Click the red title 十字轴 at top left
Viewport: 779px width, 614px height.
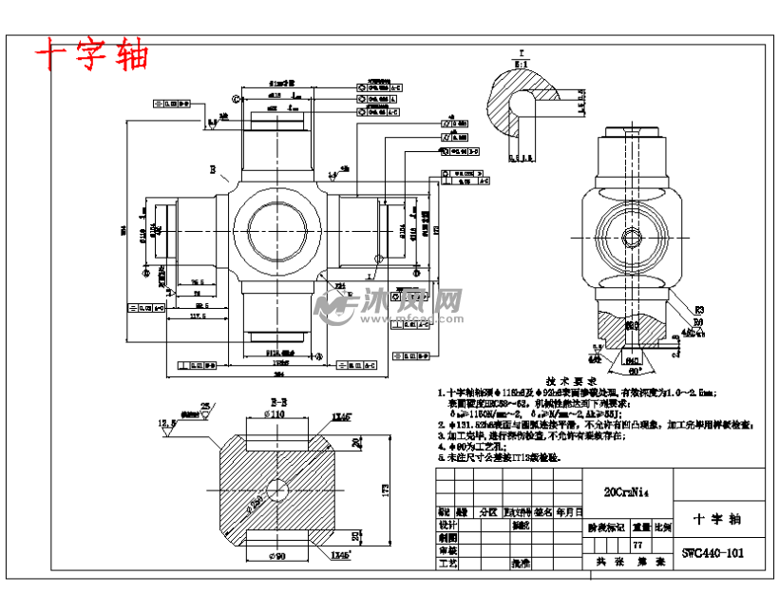click(x=92, y=55)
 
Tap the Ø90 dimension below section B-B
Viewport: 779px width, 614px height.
click(x=276, y=555)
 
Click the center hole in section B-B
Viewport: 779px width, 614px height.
click(x=277, y=489)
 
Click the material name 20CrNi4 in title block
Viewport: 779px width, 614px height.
click(x=626, y=492)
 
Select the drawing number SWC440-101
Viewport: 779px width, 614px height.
click(x=712, y=553)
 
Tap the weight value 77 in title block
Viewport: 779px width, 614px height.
click(x=638, y=544)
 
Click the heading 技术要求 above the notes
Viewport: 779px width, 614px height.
click(x=570, y=378)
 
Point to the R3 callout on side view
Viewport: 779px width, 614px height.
click(x=699, y=310)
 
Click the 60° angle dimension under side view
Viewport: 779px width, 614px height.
click(x=634, y=371)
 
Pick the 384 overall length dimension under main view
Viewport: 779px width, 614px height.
click(x=277, y=374)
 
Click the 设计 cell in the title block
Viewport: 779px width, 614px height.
click(x=447, y=524)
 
